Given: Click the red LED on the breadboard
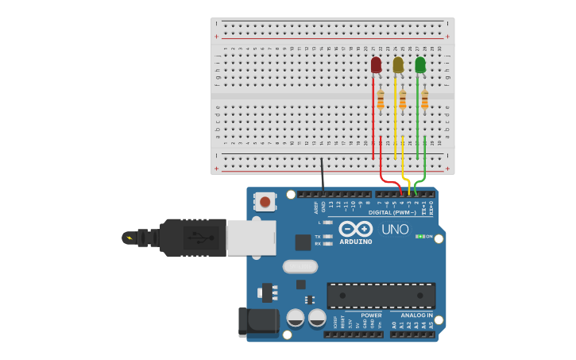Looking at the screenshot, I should tap(376, 65).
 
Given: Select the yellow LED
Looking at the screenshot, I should tap(398, 65).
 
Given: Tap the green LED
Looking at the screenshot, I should tap(420, 65).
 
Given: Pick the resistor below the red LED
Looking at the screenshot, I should tap(381, 99).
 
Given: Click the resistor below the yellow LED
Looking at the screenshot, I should tap(403, 99).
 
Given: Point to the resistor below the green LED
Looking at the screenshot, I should tap(425, 99).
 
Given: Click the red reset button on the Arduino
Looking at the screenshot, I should tap(265, 202).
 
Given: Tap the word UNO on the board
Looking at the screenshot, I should tap(395, 230).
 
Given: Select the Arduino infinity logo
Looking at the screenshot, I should tap(356, 229).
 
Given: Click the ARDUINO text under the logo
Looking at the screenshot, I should tap(356, 242).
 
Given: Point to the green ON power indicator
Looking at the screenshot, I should tap(421, 236).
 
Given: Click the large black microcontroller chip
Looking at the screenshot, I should tap(381, 296).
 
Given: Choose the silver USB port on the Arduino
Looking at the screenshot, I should tap(251, 238).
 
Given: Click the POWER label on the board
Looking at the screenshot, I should tap(371, 315).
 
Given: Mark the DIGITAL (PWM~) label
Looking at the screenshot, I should tap(392, 212).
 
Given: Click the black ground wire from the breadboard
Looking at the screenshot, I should tap(322, 175).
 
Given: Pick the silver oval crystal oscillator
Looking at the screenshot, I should tap(300, 266).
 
